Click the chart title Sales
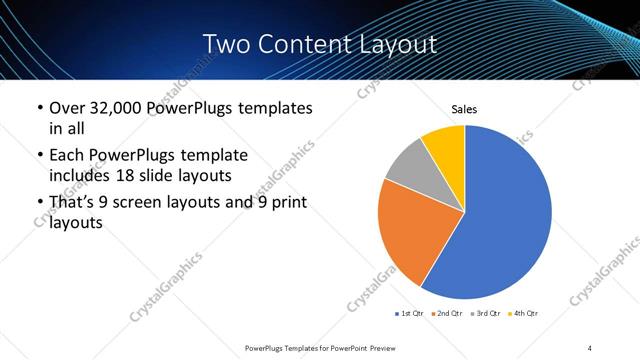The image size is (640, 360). (x=465, y=108)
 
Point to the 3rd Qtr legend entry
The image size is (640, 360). (x=486, y=314)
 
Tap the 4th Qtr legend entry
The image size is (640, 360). (x=524, y=314)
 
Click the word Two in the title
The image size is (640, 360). (x=227, y=44)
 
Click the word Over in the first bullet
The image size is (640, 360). (x=66, y=108)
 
